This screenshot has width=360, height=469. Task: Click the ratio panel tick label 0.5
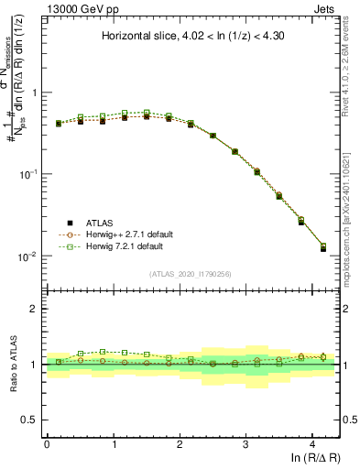29,420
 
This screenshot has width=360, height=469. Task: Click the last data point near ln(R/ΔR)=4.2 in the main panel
322,247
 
